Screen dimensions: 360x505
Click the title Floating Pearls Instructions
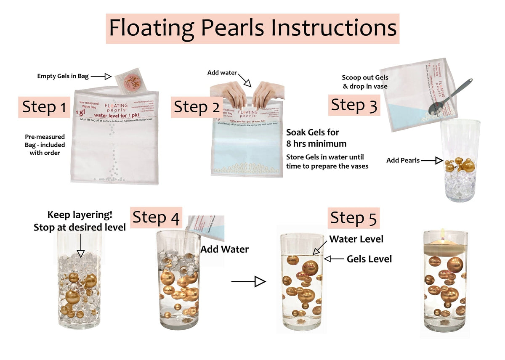[x=252, y=28]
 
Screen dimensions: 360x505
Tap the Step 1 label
[x=44, y=107]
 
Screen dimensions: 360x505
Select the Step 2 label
[x=197, y=107]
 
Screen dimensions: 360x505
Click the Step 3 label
[x=354, y=105]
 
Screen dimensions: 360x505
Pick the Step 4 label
[x=156, y=218]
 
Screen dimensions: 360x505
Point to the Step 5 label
[x=354, y=218]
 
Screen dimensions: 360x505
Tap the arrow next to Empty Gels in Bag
[x=101, y=76]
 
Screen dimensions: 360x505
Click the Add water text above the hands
[x=222, y=73]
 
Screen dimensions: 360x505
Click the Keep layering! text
[x=80, y=214]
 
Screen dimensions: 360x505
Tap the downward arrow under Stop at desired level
[x=80, y=246]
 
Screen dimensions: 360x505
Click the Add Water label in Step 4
[x=224, y=249]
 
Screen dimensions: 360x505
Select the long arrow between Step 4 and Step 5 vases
[x=248, y=281]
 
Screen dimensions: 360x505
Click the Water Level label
[x=356, y=239]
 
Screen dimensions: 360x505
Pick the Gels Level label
[x=369, y=259]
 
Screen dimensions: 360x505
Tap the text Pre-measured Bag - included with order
[x=45, y=145]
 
